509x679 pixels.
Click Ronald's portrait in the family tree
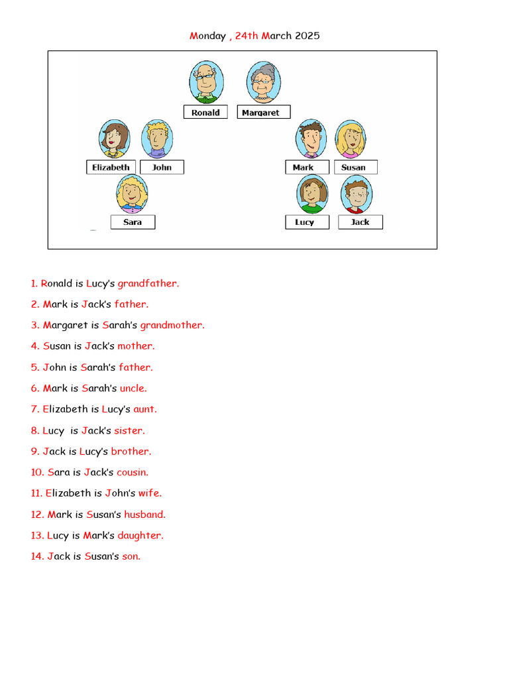point(206,82)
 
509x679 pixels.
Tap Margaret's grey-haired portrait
point(263,83)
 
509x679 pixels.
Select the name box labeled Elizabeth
point(111,167)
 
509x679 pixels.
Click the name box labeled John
point(162,167)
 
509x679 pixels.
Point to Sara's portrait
point(132,194)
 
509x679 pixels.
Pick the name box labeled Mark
point(303,167)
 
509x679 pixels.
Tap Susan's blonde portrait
point(351,139)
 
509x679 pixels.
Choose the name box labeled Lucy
point(305,222)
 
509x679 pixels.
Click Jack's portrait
point(357,194)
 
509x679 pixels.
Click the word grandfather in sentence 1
point(148,283)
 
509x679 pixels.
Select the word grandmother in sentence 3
point(172,325)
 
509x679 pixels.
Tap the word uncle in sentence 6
point(133,388)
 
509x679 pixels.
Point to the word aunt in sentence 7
point(144,409)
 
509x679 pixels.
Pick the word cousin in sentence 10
point(132,472)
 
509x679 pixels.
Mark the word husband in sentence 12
point(144,514)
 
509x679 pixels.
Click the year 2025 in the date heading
point(308,36)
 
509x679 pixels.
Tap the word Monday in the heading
point(207,36)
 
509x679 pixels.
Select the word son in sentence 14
point(131,556)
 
